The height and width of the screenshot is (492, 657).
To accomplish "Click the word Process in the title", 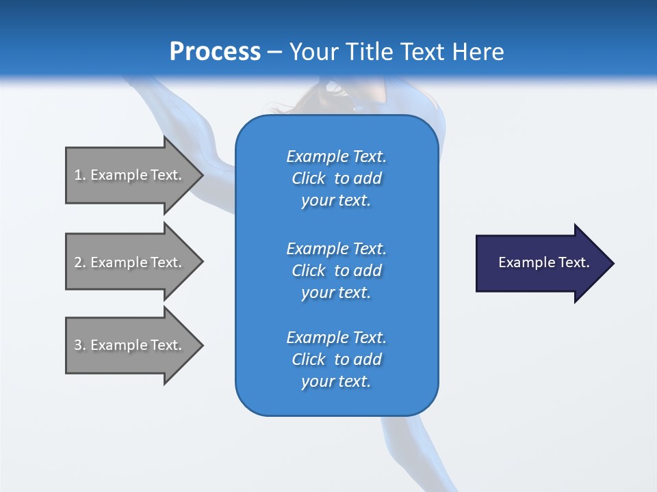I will pos(215,52).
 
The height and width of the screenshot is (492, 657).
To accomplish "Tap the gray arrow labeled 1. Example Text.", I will pos(130,175).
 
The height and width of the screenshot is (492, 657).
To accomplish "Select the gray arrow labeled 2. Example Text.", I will pos(130,262).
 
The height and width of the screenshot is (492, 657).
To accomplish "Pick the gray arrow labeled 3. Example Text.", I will pos(130,345).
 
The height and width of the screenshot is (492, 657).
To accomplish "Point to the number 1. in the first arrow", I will pos(80,175).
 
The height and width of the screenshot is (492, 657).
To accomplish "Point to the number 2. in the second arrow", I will pos(80,262).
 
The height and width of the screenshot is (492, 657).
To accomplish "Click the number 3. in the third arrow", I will pos(80,345).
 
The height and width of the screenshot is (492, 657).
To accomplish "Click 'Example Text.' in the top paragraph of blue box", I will pos(336,156).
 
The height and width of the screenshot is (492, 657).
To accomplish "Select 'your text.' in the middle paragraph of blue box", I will pos(336,292).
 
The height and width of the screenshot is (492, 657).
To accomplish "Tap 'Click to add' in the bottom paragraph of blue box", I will pos(336,359).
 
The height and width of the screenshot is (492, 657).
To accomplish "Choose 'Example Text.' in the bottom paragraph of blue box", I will pos(336,338).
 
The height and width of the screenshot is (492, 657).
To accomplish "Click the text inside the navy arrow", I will pos(544,262).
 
